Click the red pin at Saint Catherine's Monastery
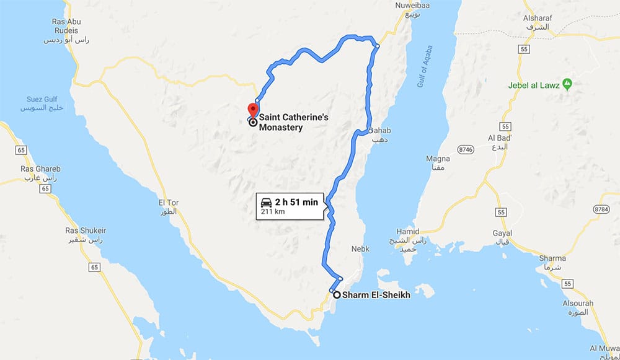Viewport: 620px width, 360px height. [254, 107]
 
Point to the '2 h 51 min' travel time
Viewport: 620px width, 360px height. [296, 202]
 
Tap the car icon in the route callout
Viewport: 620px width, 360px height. [266, 202]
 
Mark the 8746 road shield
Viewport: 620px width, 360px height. [466, 149]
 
